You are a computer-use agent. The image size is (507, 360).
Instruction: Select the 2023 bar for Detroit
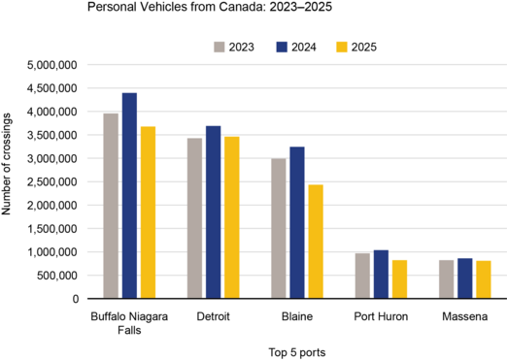(194, 218)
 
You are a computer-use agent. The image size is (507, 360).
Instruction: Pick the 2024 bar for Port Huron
(381, 275)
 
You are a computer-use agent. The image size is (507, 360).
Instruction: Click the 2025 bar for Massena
(483, 279)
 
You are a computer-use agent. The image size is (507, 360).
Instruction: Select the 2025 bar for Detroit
(231, 217)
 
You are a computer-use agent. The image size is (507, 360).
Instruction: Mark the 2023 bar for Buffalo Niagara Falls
(111, 206)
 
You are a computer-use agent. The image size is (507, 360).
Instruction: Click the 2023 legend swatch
(220, 47)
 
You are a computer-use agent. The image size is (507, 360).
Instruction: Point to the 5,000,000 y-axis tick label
(51, 65)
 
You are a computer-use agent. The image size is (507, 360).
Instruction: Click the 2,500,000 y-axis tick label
(51, 181)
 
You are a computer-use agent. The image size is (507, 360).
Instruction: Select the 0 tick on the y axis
(75, 299)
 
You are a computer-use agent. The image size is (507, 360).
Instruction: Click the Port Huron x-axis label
(381, 317)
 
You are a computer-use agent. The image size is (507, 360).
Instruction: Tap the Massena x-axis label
(464, 317)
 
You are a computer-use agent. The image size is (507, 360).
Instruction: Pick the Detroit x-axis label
(213, 317)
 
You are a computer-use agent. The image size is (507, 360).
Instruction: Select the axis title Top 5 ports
(296, 351)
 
